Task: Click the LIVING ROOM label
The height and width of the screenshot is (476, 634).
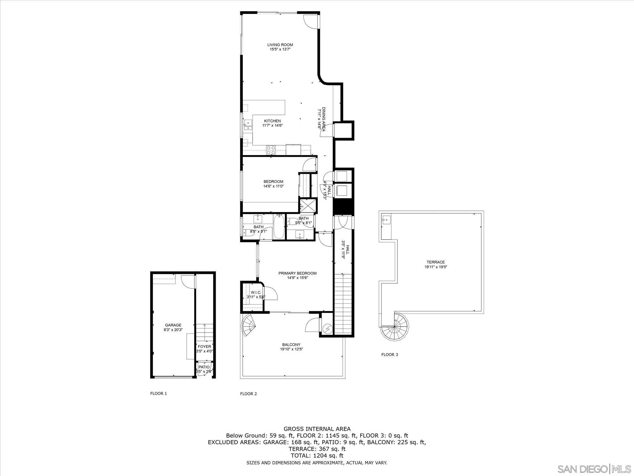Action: [x=280, y=45]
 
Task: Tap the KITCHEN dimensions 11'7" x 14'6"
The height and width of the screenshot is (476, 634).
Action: [x=272, y=126]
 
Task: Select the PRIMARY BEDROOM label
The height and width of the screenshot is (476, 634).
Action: [x=297, y=273]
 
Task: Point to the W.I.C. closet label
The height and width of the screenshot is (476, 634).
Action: [x=256, y=292]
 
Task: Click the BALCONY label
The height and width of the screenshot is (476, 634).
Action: [x=291, y=345]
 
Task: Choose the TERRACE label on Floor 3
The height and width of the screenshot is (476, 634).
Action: [x=436, y=262]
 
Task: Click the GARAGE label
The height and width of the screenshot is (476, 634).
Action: [x=173, y=325]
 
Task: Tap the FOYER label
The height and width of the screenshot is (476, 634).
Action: [x=204, y=347]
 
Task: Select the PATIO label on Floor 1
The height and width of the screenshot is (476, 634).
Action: [x=204, y=367]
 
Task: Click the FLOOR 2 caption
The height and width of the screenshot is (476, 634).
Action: [x=248, y=394]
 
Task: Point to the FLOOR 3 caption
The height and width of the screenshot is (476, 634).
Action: [x=389, y=354]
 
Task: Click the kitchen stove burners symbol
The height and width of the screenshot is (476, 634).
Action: [x=271, y=150]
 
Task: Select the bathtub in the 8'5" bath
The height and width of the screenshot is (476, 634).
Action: [x=279, y=227]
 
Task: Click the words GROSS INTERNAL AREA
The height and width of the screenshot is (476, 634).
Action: [x=317, y=429]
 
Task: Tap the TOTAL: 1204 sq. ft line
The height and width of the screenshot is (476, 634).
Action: [x=317, y=455]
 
